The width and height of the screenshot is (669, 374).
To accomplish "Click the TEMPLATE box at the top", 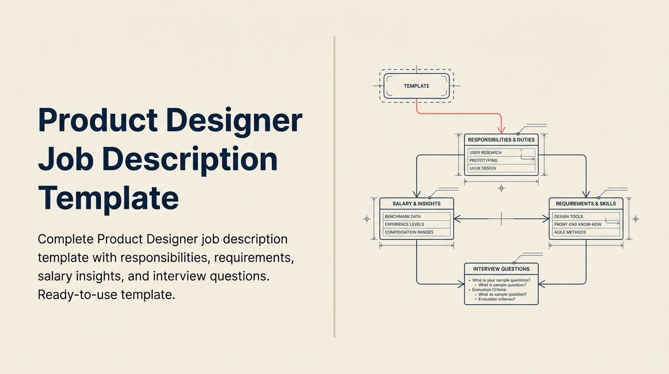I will coord(417,86).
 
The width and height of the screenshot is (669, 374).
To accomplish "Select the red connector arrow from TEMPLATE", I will coord(459,113).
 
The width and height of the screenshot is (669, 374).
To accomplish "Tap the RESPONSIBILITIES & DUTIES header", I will coord(501,140).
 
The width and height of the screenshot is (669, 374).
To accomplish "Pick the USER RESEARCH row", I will coord(501,152).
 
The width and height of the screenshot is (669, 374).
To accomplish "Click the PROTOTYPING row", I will coord(501,160).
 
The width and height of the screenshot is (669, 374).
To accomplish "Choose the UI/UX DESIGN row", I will coord(501,168).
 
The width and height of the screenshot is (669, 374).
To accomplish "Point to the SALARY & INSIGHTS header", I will coord(416,204).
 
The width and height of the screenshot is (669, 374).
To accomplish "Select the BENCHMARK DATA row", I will coord(416,216).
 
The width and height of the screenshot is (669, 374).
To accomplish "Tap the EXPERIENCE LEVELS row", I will coord(416,224).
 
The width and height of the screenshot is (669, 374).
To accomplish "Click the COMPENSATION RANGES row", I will coord(416,232).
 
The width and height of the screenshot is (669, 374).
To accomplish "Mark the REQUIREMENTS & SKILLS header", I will coord(585,204).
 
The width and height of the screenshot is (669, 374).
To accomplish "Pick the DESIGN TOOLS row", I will coord(585,216).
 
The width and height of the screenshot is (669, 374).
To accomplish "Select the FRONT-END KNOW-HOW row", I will coord(585,224).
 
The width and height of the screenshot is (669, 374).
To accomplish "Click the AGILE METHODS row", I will coord(585,232).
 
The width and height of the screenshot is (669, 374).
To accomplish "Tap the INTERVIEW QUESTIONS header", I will coord(501,269).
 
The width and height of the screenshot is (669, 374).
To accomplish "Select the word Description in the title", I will coord(190,159).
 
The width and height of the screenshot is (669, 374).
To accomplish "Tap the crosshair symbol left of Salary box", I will coord(367,219).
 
